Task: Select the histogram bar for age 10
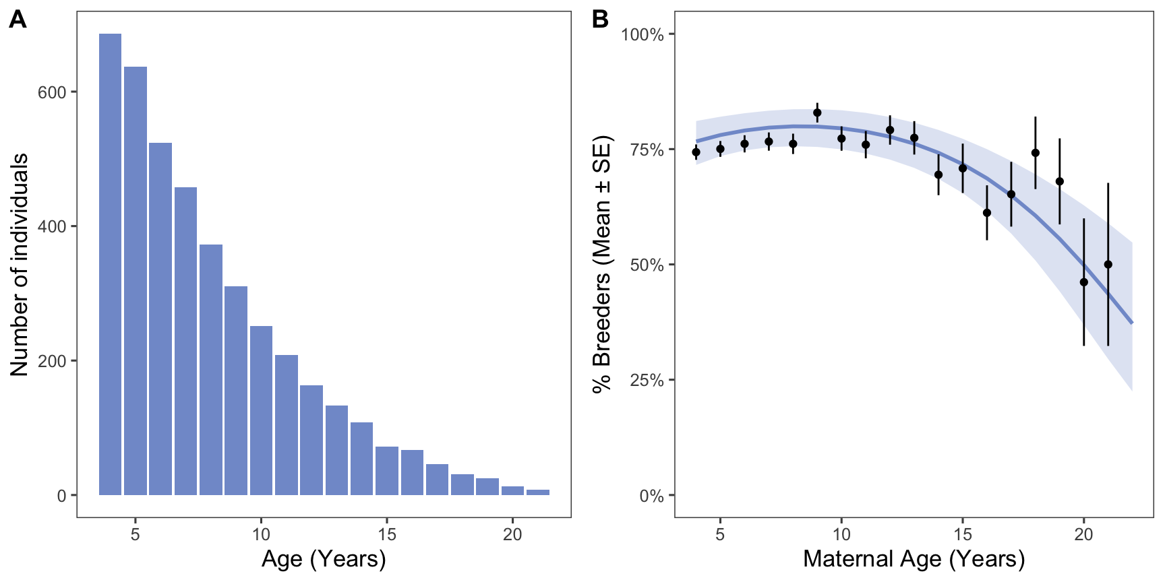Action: click(x=261, y=410)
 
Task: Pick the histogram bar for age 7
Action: click(x=185, y=341)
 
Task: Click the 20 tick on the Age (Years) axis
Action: click(x=512, y=535)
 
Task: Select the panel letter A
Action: click(x=18, y=20)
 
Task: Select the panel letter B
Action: click(x=599, y=20)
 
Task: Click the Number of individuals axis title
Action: click(x=20, y=264)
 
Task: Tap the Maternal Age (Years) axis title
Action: click(x=914, y=559)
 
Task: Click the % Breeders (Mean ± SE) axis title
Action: click(x=601, y=264)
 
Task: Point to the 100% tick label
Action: click(x=643, y=35)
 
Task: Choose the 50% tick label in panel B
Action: click(x=647, y=265)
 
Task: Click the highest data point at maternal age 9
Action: click(x=817, y=112)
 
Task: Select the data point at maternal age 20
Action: click(x=1084, y=282)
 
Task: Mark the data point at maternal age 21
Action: click(x=1108, y=265)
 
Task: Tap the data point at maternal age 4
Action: click(x=696, y=152)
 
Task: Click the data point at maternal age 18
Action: click(x=1036, y=153)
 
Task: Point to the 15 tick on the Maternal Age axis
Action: click(x=963, y=535)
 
